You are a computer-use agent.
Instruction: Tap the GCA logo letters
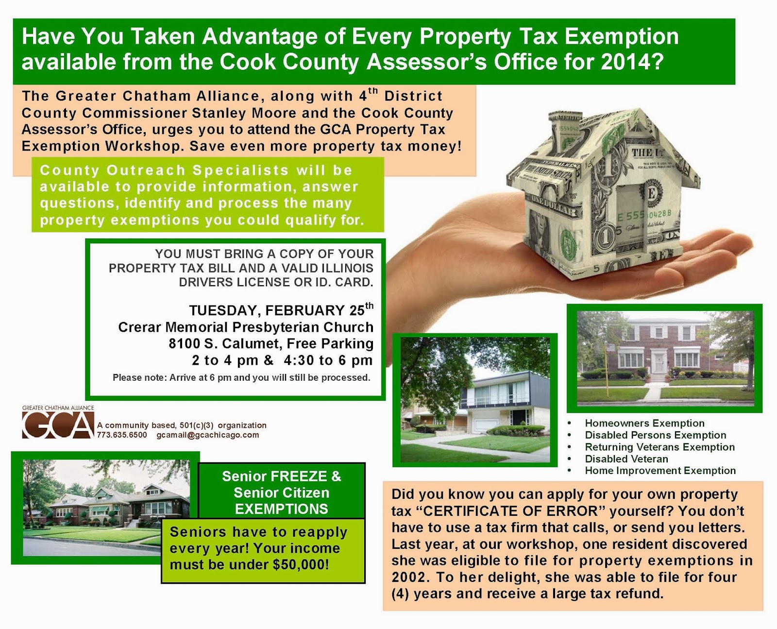tap(58, 426)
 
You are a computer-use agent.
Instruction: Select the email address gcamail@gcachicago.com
tap(207, 435)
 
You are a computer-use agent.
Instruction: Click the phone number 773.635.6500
tap(122, 435)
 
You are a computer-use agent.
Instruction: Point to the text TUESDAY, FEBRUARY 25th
tap(281, 310)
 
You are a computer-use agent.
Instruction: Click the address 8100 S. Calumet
tap(225, 344)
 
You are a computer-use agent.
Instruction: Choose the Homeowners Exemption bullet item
tap(644, 424)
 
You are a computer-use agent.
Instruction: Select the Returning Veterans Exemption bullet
tap(659, 447)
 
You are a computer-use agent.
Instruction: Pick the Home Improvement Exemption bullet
tap(660, 471)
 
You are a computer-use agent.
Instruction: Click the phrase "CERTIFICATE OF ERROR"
tap(507, 511)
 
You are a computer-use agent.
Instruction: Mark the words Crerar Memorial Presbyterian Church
tap(246, 327)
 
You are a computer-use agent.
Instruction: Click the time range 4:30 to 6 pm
tap(328, 360)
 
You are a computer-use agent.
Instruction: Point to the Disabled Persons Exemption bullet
tap(655, 435)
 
